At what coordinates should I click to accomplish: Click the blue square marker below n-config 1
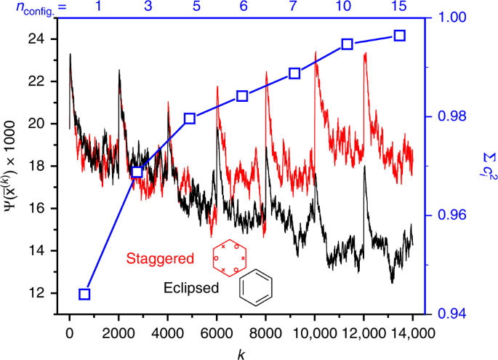point(84,294)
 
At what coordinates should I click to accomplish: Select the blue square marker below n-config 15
point(399,36)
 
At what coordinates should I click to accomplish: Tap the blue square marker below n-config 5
point(190,119)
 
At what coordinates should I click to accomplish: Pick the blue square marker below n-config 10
point(348,44)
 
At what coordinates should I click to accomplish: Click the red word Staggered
point(160,258)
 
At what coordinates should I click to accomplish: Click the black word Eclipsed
point(191,288)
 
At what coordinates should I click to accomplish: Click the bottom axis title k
point(240,352)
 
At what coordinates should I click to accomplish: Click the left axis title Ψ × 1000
point(12,166)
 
